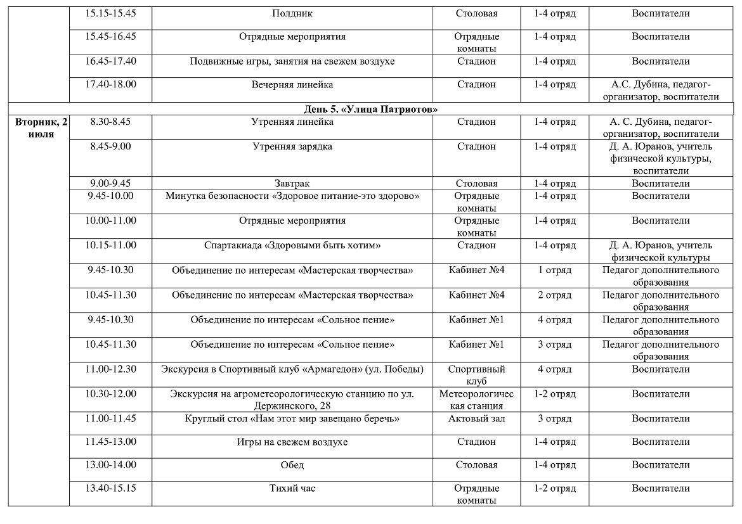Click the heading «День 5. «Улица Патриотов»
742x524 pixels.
[370, 110]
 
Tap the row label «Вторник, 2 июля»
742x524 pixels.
[38, 128]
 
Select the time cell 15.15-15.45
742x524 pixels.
[110, 13]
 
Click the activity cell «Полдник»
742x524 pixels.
[292, 13]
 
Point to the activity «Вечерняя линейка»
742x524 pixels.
[292, 84]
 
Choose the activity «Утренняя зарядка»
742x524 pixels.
[292, 146]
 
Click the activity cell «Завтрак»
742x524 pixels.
[292, 184]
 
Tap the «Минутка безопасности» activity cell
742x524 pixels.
[292, 196]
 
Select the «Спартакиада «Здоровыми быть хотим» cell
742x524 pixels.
[292, 245]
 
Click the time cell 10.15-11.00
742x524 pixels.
[110, 245]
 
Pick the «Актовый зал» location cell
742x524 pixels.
[476, 419]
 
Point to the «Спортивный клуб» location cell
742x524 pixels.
[476, 375]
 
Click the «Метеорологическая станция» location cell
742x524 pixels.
[476, 400]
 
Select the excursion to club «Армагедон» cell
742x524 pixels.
[292, 369]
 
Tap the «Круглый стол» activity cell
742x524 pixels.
[292, 419]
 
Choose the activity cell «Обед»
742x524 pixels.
[292, 465]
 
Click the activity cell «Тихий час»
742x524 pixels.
[292, 489]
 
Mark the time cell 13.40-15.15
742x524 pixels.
[110, 489]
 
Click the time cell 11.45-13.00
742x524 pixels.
[110, 442]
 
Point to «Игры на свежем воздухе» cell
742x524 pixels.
[292, 442]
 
